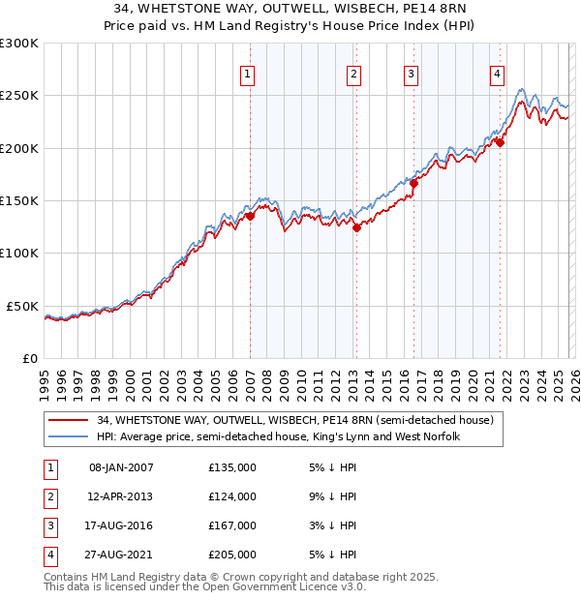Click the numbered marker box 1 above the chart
click(x=248, y=74)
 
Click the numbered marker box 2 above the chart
click(x=354, y=74)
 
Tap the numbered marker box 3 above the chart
click(x=411, y=74)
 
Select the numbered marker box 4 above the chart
click(x=497, y=74)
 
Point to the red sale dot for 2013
click(x=356, y=228)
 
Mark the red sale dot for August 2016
click(x=413, y=183)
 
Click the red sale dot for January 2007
click(x=250, y=217)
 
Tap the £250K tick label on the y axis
click(x=19, y=96)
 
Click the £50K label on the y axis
click(x=23, y=306)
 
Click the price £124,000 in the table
click(x=232, y=496)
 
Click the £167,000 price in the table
click(x=232, y=525)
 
